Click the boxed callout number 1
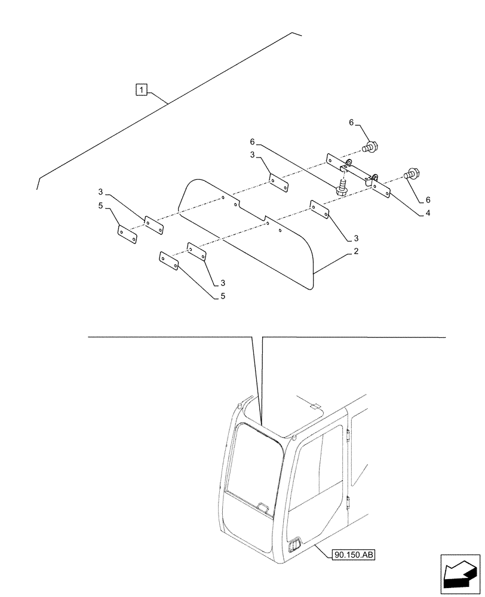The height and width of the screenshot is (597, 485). (141, 90)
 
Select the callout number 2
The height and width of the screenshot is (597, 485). (356, 251)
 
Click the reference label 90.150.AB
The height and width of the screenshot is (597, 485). (355, 555)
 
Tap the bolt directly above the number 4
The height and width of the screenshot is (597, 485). (412, 174)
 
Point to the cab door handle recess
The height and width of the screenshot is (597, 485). (294, 546)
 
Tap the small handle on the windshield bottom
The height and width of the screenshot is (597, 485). (262, 508)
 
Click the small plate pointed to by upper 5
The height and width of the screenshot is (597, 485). (126, 233)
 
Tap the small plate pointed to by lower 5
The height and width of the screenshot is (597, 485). (168, 261)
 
